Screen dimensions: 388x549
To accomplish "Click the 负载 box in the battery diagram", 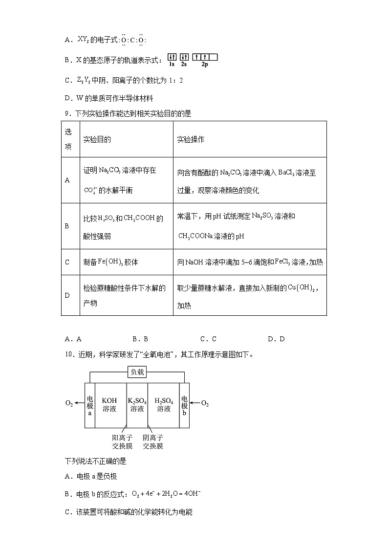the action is (137, 372).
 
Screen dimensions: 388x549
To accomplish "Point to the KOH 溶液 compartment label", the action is (109, 405).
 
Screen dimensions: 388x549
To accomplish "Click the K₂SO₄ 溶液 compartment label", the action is (137, 405).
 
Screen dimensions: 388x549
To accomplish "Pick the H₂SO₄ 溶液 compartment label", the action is (164, 405).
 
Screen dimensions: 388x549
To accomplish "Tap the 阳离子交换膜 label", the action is (122, 441).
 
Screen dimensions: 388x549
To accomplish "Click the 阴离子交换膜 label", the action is (153, 441).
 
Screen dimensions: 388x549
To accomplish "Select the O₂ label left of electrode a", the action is (69, 404).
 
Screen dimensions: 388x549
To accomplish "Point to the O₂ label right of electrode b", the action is (205, 404).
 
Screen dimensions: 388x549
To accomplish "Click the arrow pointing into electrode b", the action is (194, 403).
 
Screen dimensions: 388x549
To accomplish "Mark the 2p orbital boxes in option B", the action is (205, 57).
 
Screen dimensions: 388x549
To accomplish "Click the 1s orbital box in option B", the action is (172, 57).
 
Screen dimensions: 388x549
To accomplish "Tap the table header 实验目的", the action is (97, 139).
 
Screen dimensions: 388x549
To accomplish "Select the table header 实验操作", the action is (191, 139).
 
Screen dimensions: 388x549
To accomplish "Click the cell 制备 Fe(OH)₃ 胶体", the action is (111, 262).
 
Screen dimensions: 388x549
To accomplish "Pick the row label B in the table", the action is (67, 226).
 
